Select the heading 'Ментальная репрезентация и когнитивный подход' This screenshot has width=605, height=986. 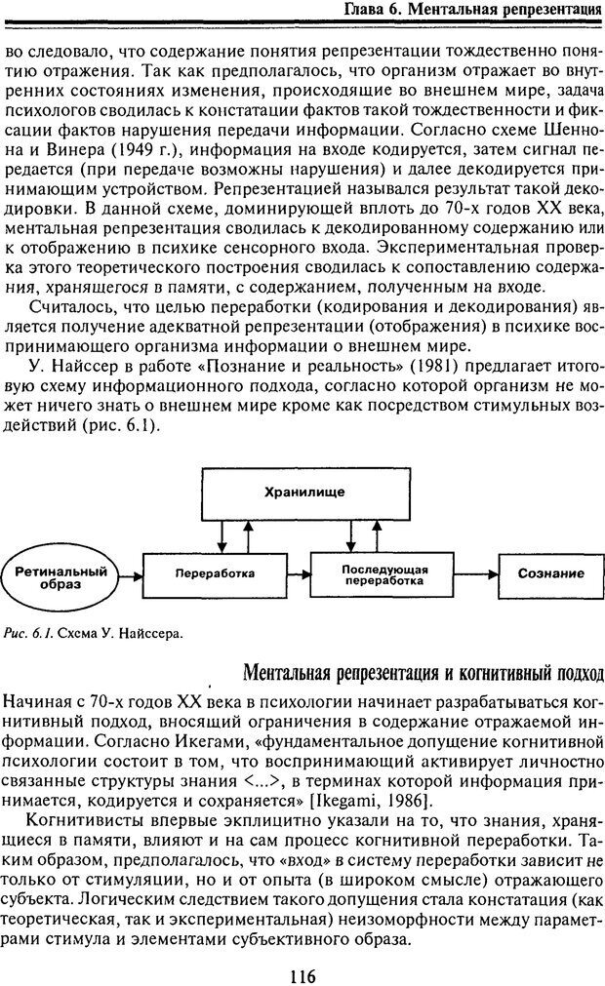click(422, 673)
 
